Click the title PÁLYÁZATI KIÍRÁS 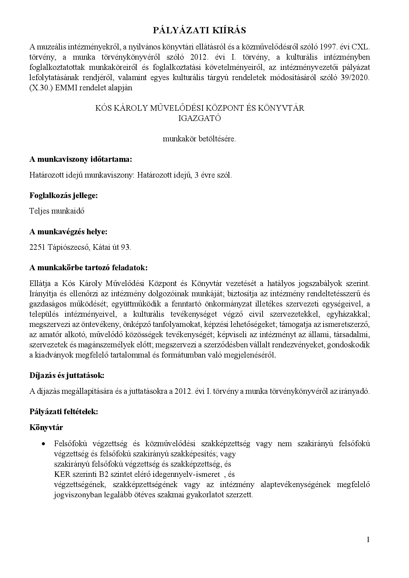[x=200, y=31]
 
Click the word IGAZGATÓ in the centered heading [x=200, y=118]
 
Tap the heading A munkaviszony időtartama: [x=81, y=159]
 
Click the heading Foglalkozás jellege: [x=64, y=195]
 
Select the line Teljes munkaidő [x=57, y=211]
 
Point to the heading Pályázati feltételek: [x=64, y=411]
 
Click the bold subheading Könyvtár [x=46, y=427]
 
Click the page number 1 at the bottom [x=368, y=539]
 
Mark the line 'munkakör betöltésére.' [x=200, y=139]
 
